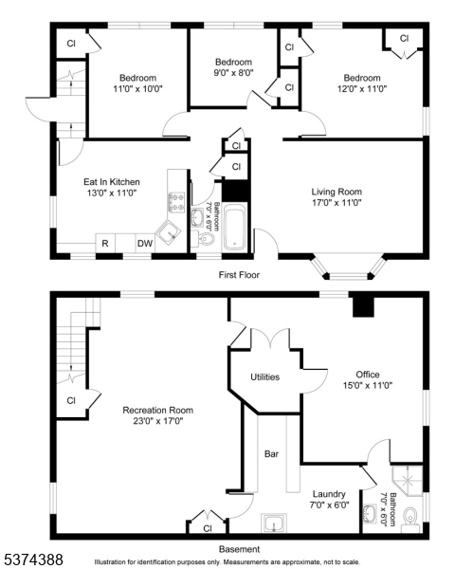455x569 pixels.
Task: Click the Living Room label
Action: point(337,192)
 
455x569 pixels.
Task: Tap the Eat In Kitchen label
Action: point(112,182)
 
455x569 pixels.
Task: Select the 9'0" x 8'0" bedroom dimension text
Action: point(233,72)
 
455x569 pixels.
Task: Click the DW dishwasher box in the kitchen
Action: point(145,243)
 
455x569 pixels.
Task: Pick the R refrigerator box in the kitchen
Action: point(105,243)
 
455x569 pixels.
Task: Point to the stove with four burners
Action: point(176,203)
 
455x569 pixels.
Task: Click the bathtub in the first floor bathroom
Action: point(235,228)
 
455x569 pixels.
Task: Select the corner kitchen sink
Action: point(168,232)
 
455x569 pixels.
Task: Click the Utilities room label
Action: point(264,377)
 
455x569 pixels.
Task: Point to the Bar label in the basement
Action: point(271,454)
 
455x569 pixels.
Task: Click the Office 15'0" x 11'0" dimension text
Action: point(368,385)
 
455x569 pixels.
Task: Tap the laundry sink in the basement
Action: point(274,523)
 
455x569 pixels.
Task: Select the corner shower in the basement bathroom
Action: point(408,481)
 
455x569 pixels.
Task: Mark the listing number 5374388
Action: point(33,559)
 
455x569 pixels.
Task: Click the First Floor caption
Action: point(239,275)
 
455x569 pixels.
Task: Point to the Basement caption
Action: point(239,549)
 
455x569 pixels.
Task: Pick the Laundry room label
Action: point(329,494)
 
